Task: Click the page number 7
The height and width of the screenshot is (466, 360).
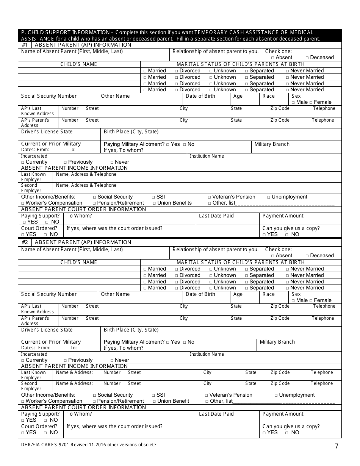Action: click(x=336, y=446)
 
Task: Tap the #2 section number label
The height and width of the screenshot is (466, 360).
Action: click(x=25, y=242)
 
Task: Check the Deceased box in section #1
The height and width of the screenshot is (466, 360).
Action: click(x=307, y=58)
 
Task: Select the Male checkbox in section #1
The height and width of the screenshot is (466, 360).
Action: click(x=293, y=103)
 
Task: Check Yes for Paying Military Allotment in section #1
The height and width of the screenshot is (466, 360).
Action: click(x=168, y=145)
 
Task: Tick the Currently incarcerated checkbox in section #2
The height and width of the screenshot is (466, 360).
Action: click(x=23, y=361)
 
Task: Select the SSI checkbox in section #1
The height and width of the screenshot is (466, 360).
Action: click(x=153, y=197)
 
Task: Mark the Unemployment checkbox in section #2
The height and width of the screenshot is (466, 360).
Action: click(x=276, y=396)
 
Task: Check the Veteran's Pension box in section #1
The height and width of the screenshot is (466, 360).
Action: click(x=210, y=197)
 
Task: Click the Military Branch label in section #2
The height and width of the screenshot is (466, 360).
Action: click(x=277, y=342)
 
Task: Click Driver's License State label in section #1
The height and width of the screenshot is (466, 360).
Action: click(x=47, y=132)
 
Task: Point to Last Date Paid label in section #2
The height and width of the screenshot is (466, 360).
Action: click(x=216, y=414)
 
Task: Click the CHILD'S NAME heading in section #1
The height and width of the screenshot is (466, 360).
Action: click(x=79, y=64)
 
